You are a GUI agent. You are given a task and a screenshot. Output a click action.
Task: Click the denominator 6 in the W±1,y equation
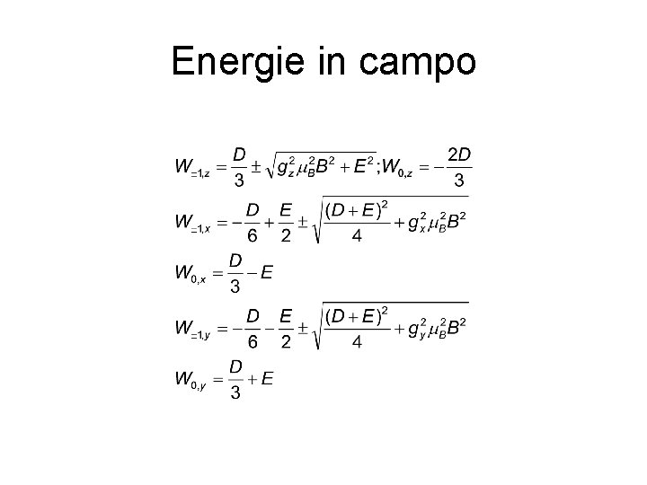[253, 342]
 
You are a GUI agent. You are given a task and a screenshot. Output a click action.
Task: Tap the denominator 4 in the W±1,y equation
[357, 342]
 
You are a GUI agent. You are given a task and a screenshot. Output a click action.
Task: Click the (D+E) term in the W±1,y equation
[353, 316]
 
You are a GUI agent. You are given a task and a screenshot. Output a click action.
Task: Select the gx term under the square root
[415, 222]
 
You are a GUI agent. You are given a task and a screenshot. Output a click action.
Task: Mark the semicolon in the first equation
[380, 167]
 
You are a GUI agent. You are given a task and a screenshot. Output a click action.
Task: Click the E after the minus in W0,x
[266, 273]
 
